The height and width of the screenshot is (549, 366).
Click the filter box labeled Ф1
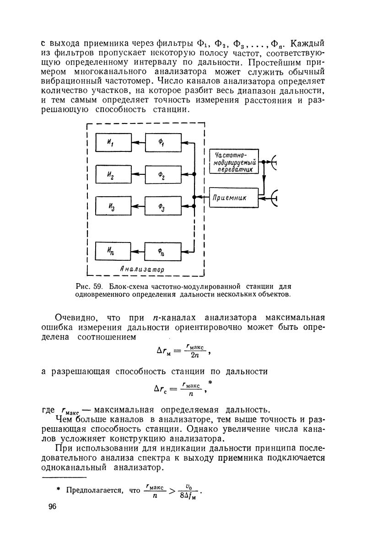click(163, 143)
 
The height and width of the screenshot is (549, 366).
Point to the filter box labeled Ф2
click(163, 174)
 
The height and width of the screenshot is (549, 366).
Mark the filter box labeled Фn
click(163, 251)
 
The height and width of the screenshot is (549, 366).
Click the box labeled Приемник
click(233, 198)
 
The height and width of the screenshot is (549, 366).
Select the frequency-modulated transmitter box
click(234, 161)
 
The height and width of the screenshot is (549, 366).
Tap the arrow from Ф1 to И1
click(138, 143)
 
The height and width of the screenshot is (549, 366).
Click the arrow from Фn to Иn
click(138, 251)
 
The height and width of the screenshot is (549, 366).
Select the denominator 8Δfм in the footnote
click(187, 496)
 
